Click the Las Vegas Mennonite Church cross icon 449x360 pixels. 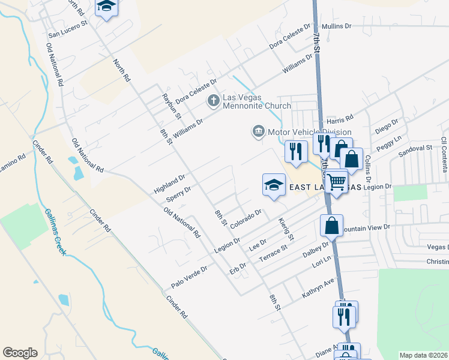click(x=212, y=100)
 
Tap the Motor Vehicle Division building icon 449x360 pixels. click(x=258, y=131)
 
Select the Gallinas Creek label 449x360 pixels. click(x=53, y=232)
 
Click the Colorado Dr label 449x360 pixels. click(x=246, y=217)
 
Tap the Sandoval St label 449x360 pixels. click(x=415, y=148)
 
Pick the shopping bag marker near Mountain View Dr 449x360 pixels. click(x=331, y=226)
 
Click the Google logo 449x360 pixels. click(x=20, y=353)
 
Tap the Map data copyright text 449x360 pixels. click(x=424, y=355)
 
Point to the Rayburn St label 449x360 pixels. click(x=171, y=104)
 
